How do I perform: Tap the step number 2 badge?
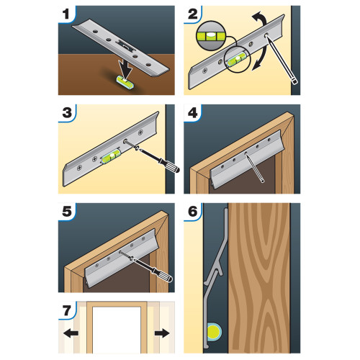(x=194, y=14)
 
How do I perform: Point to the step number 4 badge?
(x=194, y=114)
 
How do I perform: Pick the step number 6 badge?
(x=194, y=212)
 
